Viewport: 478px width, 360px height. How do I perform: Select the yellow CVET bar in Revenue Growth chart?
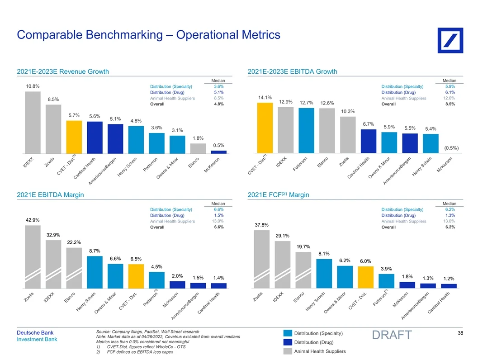pyautogui.click(x=74, y=137)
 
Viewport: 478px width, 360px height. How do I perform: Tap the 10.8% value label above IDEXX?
pyautogui.click(x=32, y=86)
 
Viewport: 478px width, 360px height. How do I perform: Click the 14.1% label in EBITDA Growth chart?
pyautogui.click(x=265, y=97)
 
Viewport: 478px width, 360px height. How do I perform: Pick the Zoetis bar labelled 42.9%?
pyautogui.click(x=32, y=256)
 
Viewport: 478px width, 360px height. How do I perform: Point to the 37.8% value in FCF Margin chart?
pyautogui.click(x=261, y=225)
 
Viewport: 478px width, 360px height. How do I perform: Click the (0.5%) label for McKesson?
pyautogui.click(x=451, y=148)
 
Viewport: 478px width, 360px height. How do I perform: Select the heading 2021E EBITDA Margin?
pyautogui.click(x=50, y=195)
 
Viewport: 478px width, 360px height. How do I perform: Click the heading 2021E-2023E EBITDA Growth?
pyautogui.click(x=292, y=71)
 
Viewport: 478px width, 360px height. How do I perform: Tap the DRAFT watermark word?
pyautogui.click(x=392, y=335)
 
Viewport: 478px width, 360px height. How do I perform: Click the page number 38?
pyautogui.click(x=460, y=333)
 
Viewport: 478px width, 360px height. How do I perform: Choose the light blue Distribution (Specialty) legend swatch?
pyautogui.click(x=287, y=334)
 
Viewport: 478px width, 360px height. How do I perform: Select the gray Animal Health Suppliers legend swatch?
pyautogui.click(x=287, y=351)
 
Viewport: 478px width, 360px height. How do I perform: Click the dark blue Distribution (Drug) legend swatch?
pyautogui.click(x=287, y=342)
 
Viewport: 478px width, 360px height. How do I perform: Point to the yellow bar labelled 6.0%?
pyautogui.click(x=365, y=277)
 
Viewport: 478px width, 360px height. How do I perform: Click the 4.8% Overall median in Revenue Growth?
pyautogui.click(x=218, y=104)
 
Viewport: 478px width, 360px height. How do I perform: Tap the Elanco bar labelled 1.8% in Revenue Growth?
pyautogui.click(x=198, y=148)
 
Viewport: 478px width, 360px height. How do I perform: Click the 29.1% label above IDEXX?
pyautogui.click(x=282, y=236)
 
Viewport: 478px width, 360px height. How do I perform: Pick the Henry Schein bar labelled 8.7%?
pyautogui.click(x=95, y=272)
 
